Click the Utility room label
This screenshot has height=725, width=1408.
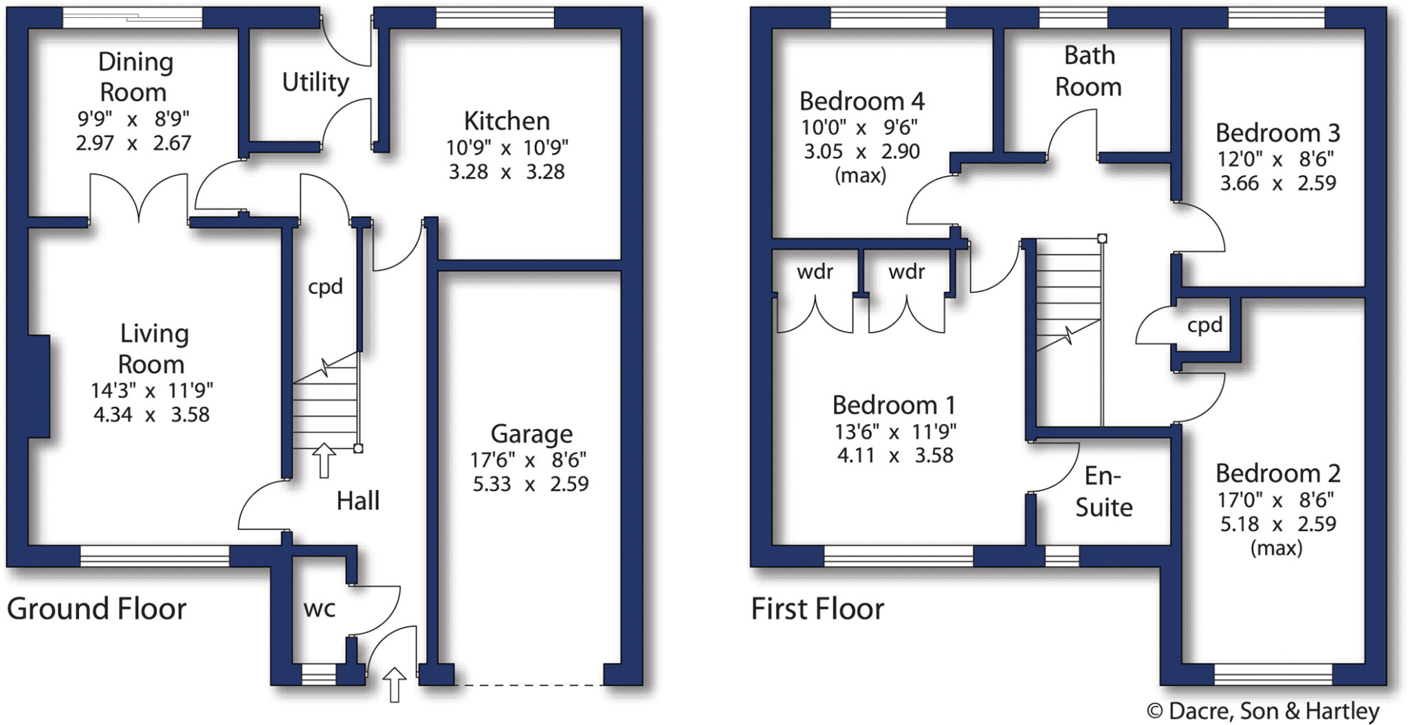[316, 82]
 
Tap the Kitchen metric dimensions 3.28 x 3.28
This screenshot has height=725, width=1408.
[507, 172]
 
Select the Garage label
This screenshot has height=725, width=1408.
[531, 434]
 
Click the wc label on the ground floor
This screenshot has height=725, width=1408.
[320, 608]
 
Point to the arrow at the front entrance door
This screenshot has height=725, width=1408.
[394, 683]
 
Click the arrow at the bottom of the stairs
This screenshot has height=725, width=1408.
[324, 460]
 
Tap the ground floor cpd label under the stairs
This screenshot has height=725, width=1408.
[325, 287]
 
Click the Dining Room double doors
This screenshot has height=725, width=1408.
[139, 198]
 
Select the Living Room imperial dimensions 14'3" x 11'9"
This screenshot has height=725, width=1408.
[152, 391]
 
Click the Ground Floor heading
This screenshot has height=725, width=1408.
[97, 609]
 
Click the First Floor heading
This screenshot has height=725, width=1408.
[817, 609]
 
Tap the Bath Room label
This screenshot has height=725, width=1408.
[1088, 71]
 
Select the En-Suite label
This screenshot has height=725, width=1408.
[1103, 491]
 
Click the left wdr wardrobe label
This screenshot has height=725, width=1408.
[815, 272]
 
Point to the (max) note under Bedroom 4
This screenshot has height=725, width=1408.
[860, 176]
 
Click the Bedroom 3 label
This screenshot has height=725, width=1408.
[1277, 133]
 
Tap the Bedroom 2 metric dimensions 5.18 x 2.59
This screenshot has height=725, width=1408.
[1277, 524]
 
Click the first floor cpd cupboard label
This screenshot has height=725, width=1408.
[1204, 325]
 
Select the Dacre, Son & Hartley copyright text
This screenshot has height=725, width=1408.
[1263, 711]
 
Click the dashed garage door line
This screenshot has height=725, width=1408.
[529, 684]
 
